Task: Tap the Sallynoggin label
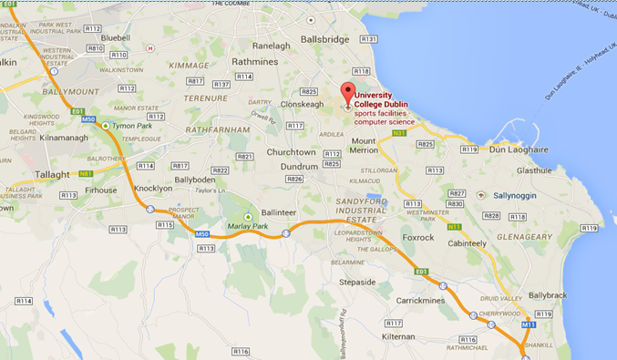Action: pos(522,195)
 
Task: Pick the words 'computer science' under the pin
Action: pos(385,121)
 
